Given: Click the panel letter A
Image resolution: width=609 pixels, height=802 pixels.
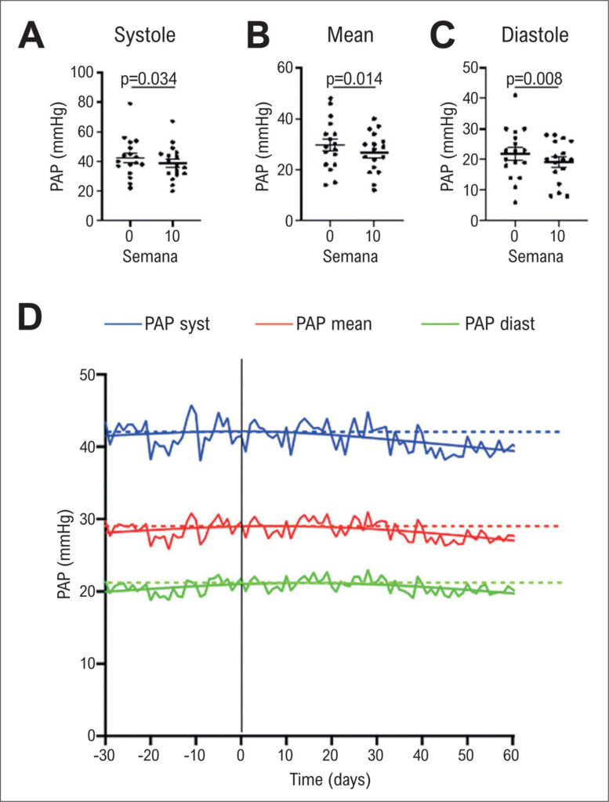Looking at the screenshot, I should tap(34, 37).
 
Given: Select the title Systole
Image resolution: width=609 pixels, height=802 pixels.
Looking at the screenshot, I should tap(145, 36).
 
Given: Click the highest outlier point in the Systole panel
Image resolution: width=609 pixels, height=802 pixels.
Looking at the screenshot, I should tap(130, 103).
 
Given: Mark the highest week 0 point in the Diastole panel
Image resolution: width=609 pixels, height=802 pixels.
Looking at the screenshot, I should tap(515, 96).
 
